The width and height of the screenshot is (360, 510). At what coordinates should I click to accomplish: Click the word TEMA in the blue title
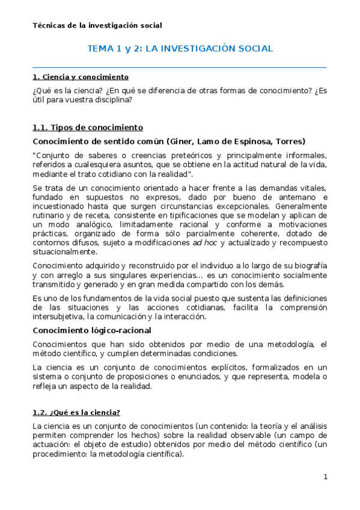101,49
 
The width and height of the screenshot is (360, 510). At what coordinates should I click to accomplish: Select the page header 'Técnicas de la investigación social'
97,25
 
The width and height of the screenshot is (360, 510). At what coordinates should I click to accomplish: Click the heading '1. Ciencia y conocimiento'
80,78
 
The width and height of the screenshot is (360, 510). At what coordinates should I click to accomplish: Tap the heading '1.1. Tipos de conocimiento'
87,127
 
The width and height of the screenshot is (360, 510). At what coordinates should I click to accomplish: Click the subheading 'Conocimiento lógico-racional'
91,330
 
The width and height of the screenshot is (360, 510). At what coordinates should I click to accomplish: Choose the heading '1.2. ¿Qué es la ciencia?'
76,412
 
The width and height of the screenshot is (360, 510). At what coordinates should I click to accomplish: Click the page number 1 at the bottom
325,477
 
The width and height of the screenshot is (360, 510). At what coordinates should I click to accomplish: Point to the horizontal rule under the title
180,67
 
